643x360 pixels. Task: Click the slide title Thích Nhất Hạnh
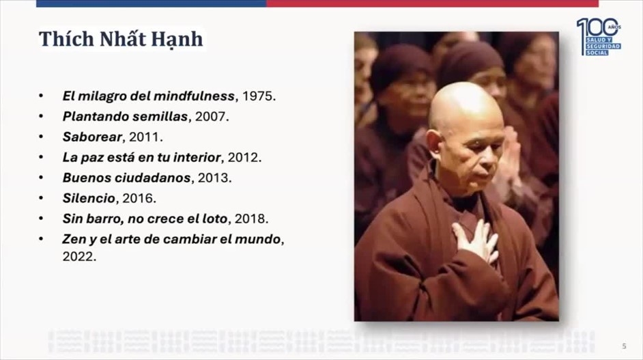(x=121, y=40)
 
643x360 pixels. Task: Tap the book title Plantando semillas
(x=125, y=117)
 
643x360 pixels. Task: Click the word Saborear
(x=92, y=137)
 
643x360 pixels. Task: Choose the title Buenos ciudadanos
(x=127, y=178)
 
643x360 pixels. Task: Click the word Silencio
(x=89, y=198)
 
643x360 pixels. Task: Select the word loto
(x=214, y=219)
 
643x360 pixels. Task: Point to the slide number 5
(x=624, y=346)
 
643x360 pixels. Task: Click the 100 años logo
(x=599, y=37)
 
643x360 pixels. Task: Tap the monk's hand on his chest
(x=476, y=241)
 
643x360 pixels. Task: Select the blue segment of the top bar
(x=152, y=3)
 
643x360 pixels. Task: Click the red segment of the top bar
(x=433, y=3)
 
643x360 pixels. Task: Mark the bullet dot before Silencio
(x=41, y=198)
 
